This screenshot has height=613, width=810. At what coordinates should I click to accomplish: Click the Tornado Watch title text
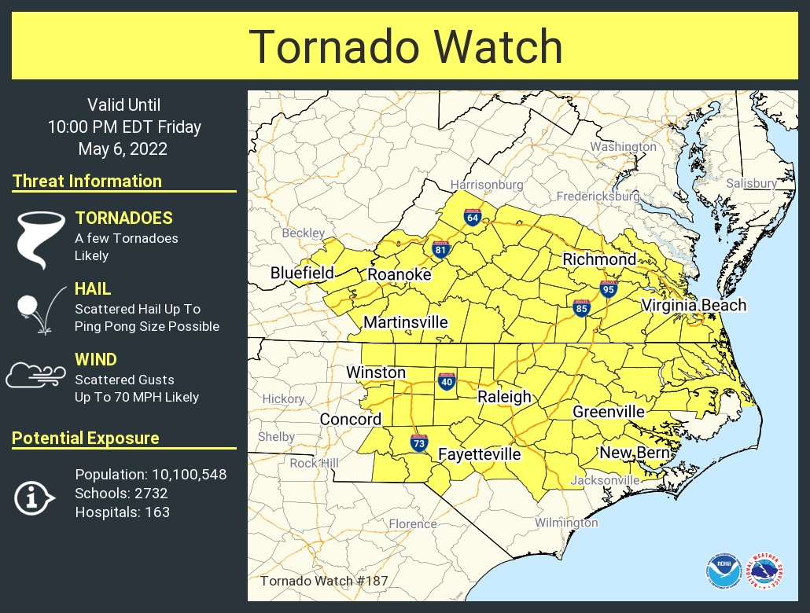click(x=406, y=47)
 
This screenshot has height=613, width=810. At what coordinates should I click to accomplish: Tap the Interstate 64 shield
click(x=472, y=218)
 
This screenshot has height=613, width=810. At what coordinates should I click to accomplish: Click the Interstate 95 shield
click(x=607, y=289)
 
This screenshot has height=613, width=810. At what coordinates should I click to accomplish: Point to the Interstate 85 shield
click(x=582, y=308)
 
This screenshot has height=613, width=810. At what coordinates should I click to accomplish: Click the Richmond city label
click(x=598, y=259)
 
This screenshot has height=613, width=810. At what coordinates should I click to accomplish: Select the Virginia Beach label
click(x=693, y=306)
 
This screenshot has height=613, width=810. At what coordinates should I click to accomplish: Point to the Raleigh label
click(x=505, y=397)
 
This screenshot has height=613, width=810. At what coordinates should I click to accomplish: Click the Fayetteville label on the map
click(x=479, y=454)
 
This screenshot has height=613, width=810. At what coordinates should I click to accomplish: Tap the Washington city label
click(x=623, y=147)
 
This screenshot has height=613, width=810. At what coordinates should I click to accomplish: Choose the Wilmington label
click(x=566, y=523)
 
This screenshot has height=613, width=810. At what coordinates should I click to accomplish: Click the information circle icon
click(x=34, y=497)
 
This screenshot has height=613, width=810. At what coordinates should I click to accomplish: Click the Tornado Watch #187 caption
click(x=323, y=581)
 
